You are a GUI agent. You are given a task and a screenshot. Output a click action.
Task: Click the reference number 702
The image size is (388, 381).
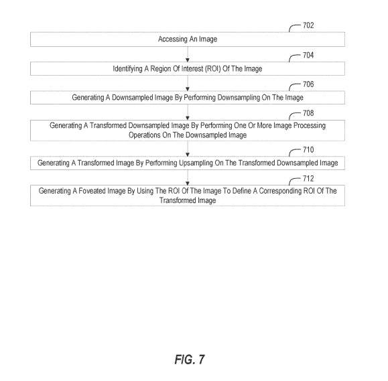coord(308,25)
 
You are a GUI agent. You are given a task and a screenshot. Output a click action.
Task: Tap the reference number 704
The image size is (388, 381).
coord(308,55)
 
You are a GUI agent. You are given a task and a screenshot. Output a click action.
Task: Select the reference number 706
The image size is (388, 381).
coord(308,84)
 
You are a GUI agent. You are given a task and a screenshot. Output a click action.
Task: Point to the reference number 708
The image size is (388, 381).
coord(308,113)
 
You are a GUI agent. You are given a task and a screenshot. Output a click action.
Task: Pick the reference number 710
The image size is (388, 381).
coord(308,149)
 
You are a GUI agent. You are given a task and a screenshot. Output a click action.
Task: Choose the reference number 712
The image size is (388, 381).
coord(308,179)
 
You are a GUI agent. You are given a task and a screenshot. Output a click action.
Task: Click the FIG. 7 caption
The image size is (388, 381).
coord(190,360)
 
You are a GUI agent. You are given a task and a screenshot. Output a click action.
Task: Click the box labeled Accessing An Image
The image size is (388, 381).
coord(188,40)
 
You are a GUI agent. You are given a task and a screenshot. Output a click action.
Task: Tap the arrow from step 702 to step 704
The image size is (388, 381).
coord(188,54)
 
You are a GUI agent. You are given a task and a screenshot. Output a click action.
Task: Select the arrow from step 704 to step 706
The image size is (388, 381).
coord(188,83)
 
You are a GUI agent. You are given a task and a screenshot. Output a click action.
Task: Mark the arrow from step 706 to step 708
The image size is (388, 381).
coord(188,112)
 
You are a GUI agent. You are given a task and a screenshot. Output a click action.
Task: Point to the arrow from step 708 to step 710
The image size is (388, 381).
coord(188,149)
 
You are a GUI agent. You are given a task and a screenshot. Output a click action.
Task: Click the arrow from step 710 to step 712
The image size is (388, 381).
coord(188,177)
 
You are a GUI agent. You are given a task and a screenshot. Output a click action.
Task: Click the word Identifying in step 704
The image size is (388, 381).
coord(127,69)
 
